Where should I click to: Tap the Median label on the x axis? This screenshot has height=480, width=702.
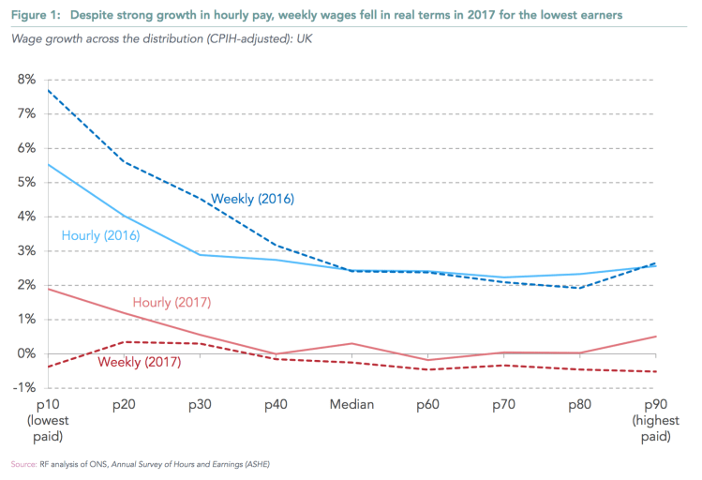(351, 405)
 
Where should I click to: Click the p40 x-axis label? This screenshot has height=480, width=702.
(276, 405)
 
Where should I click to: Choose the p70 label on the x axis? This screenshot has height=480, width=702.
(504, 405)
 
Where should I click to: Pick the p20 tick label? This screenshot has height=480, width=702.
(124, 405)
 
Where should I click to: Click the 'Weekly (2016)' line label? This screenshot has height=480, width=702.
(253, 199)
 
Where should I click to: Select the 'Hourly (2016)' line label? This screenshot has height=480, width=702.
(100, 235)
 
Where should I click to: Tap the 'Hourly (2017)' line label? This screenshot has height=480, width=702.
(172, 302)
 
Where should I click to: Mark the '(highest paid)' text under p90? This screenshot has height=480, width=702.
(656, 429)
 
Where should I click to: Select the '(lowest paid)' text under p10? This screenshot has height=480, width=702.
(48, 429)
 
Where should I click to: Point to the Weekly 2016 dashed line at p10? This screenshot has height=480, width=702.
(48, 89)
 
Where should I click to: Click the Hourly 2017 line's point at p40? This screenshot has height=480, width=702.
(276, 354)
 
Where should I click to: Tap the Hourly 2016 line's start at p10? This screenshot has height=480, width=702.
(48, 164)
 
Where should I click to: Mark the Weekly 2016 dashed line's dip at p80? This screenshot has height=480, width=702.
(580, 288)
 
